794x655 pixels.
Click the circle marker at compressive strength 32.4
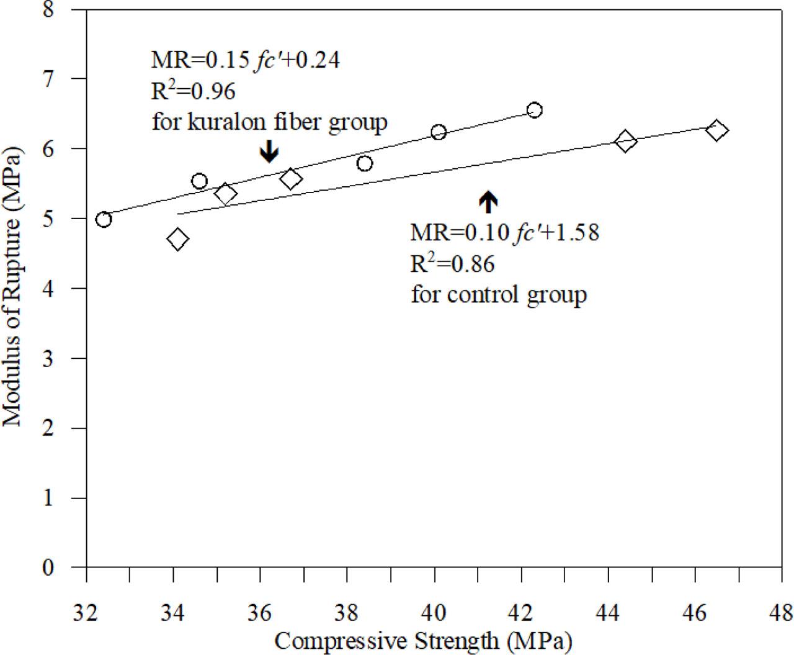104,219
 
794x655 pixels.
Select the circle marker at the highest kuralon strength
535,110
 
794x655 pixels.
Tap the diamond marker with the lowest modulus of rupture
177,239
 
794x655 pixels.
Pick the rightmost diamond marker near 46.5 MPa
716,131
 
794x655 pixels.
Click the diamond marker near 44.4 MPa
625,141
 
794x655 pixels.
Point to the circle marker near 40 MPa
439,132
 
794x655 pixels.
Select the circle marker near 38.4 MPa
365,163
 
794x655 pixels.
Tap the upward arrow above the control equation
488,201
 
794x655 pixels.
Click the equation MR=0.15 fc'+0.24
246,61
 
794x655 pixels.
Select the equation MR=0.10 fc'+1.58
504,233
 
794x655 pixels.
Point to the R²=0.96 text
194,91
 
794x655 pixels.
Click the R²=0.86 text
452,264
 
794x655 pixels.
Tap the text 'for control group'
498,294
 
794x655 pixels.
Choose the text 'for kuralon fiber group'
269,122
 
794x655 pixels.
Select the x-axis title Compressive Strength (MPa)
422,640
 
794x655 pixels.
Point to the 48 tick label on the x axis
781,613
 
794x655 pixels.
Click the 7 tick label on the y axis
64,79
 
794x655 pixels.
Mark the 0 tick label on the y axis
64,567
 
